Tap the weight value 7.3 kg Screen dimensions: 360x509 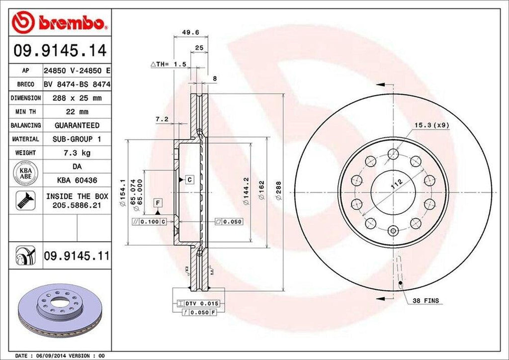[77, 153]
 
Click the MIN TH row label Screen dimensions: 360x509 [25, 112]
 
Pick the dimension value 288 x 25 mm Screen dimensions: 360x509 [77, 98]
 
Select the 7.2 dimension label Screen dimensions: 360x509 [161, 119]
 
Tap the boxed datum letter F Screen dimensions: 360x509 [158, 202]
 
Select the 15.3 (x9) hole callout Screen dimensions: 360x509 [431, 125]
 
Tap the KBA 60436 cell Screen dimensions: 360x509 [77, 180]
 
